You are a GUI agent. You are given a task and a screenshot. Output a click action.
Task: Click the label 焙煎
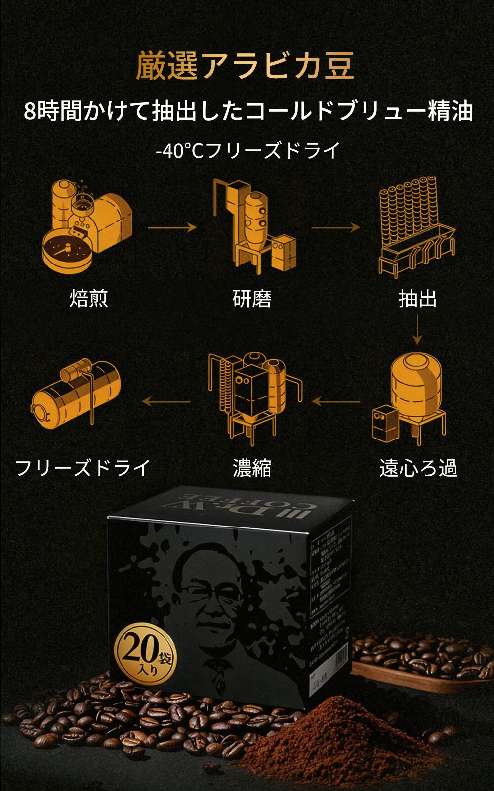[88, 299]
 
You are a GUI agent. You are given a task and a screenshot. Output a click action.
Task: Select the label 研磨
[252, 299]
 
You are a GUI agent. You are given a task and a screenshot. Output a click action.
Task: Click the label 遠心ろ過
[418, 468]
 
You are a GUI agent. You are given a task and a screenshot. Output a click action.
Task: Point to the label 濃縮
[252, 468]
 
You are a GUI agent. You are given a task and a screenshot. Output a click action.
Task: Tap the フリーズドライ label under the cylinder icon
[82, 468]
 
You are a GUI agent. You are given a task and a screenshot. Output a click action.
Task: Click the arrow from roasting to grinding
[172, 227]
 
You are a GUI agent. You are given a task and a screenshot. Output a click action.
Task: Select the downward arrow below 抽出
[417, 329]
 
